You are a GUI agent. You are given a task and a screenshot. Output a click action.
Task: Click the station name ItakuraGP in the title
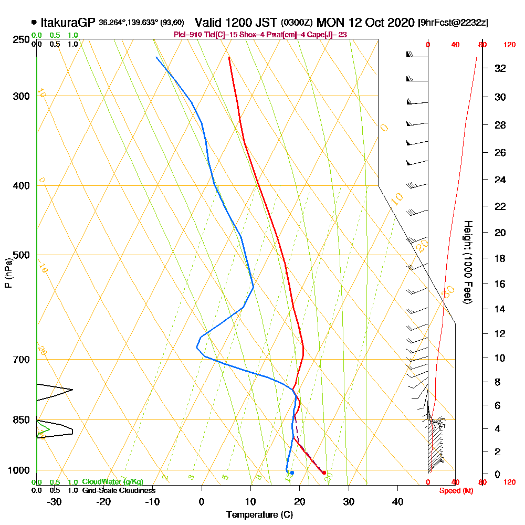pyautogui.click(x=68, y=23)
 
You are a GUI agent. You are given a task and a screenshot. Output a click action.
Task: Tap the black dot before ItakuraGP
pyautogui.click(x=34, y=23)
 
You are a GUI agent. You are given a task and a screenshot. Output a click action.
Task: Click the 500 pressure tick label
pyautogui.click(x=20, y=255)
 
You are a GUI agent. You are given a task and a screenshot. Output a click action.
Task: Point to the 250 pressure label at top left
pyautogui.click(x=20, y=39)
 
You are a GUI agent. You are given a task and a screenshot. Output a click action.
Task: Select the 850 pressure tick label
pyautogui.click(x=20, y=420)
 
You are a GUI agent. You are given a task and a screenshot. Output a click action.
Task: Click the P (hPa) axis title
pyautogui.click(x=8, y=273)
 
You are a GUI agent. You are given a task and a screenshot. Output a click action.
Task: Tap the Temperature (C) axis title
pyautogui.click(x=259, y=514)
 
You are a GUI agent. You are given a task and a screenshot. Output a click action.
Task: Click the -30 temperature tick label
pyautogui.click(x=54, y=502)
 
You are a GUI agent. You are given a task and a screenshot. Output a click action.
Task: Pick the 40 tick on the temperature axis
pyautogui.click(x=397, y=502)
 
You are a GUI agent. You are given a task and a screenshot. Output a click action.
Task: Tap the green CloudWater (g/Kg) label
pyautogui.click(x=112, y=482)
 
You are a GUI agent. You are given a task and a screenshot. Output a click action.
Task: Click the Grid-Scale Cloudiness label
pyautogui.click(x=119, y=490)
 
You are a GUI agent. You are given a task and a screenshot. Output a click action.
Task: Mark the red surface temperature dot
pyautogui.click(x=324, y=473)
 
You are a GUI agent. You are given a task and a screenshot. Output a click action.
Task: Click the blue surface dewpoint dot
pyautogui.click(x=292, y=473)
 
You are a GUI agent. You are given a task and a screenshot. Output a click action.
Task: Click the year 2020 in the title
pyautogui.click(x=396, y=23)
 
